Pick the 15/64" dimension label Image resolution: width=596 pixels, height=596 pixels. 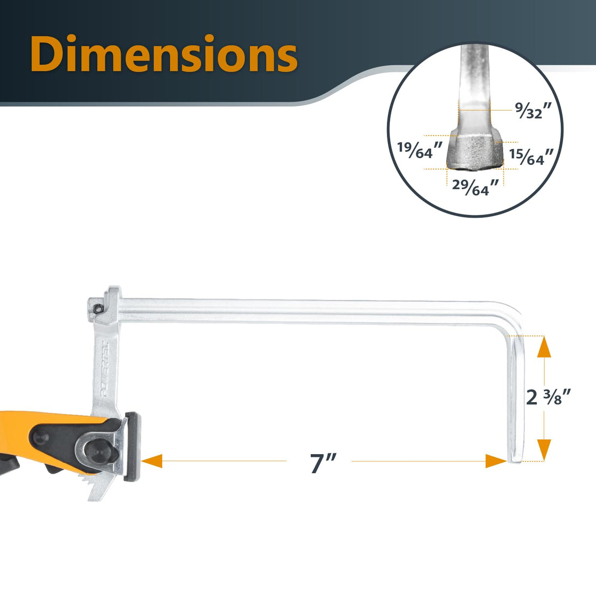[531, 156]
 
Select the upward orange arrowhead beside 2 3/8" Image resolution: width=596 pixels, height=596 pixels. [544, 347]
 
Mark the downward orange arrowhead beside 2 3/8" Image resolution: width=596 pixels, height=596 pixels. [544, 449]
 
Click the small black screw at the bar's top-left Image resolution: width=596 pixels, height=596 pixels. [98, 308]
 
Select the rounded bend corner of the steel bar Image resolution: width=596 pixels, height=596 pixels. [513, 314]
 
